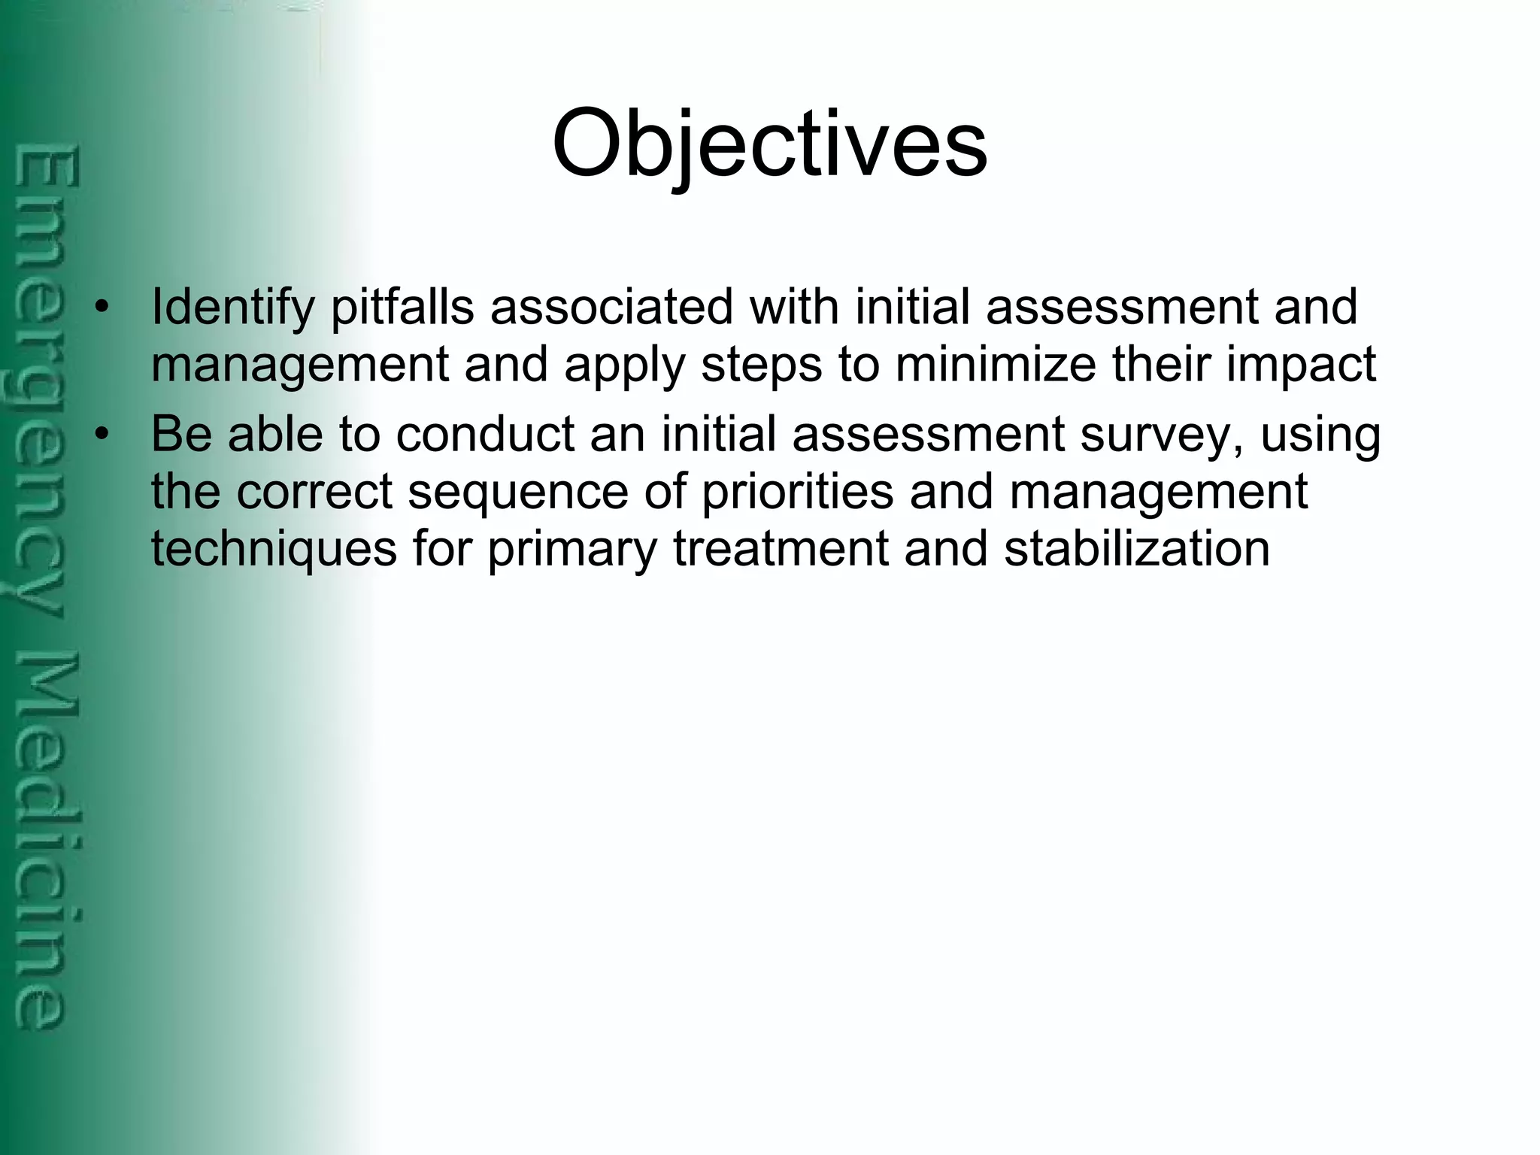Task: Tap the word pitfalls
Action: pos(402,308)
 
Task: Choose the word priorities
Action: pos(797,493)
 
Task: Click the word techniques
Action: pos(274,550)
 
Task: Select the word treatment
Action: pos(781,550)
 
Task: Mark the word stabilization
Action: pos(1137,550)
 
